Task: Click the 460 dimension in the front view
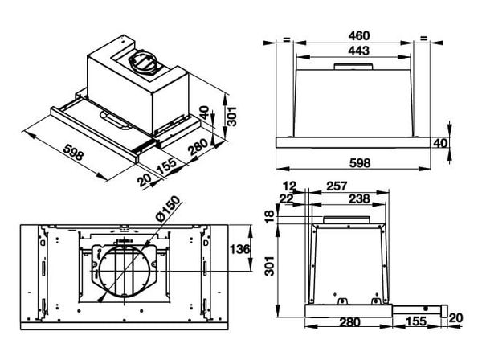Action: [358, 36]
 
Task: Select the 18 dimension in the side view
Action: [270, 217]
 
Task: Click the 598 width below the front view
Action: [360, 163]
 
